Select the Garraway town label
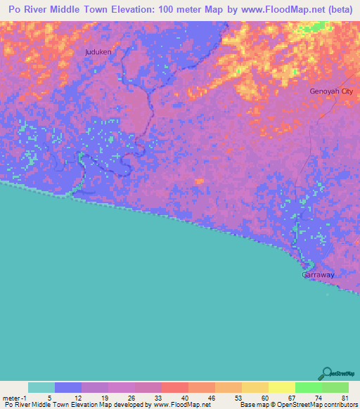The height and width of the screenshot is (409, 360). click(318, 275)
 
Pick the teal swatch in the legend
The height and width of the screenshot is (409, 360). click(41, 387)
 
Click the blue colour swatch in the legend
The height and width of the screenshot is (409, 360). click(68, 387)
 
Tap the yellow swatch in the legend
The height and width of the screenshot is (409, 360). click(282, 387)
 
